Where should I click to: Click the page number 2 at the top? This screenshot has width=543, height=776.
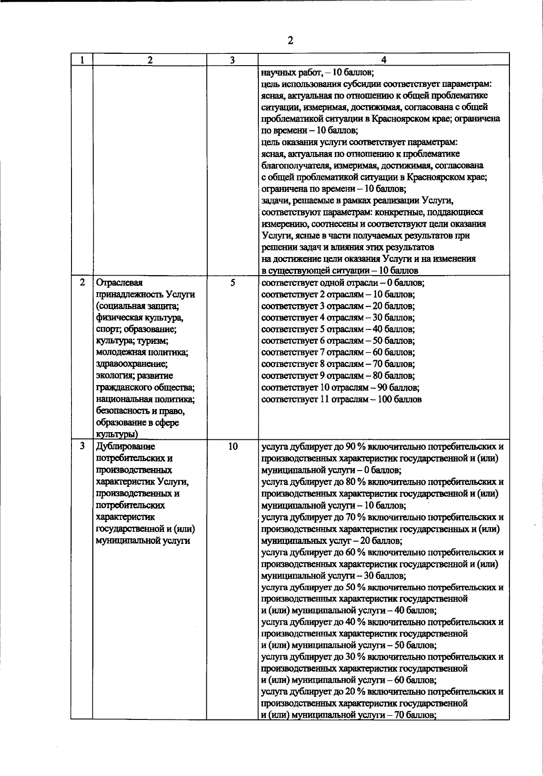[x=290, y=41]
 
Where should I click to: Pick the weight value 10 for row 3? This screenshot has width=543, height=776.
[x=233, y=447]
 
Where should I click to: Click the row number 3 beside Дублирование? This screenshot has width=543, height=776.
[x=82, y=446]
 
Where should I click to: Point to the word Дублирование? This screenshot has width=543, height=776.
[x=125, y=447]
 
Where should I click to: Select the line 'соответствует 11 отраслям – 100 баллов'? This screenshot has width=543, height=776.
[x=342, y=400]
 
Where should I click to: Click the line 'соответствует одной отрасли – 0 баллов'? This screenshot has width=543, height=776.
[x=343, y=283]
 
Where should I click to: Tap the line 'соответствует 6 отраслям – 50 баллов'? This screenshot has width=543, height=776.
[x=338, y=341]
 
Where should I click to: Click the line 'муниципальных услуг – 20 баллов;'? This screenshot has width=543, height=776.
[x=331, y=541]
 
